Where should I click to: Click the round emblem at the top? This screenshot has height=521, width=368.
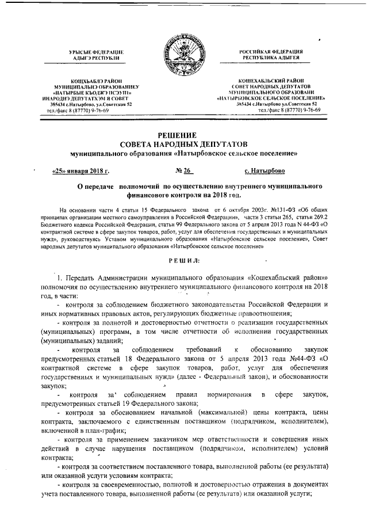coord(183,55)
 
